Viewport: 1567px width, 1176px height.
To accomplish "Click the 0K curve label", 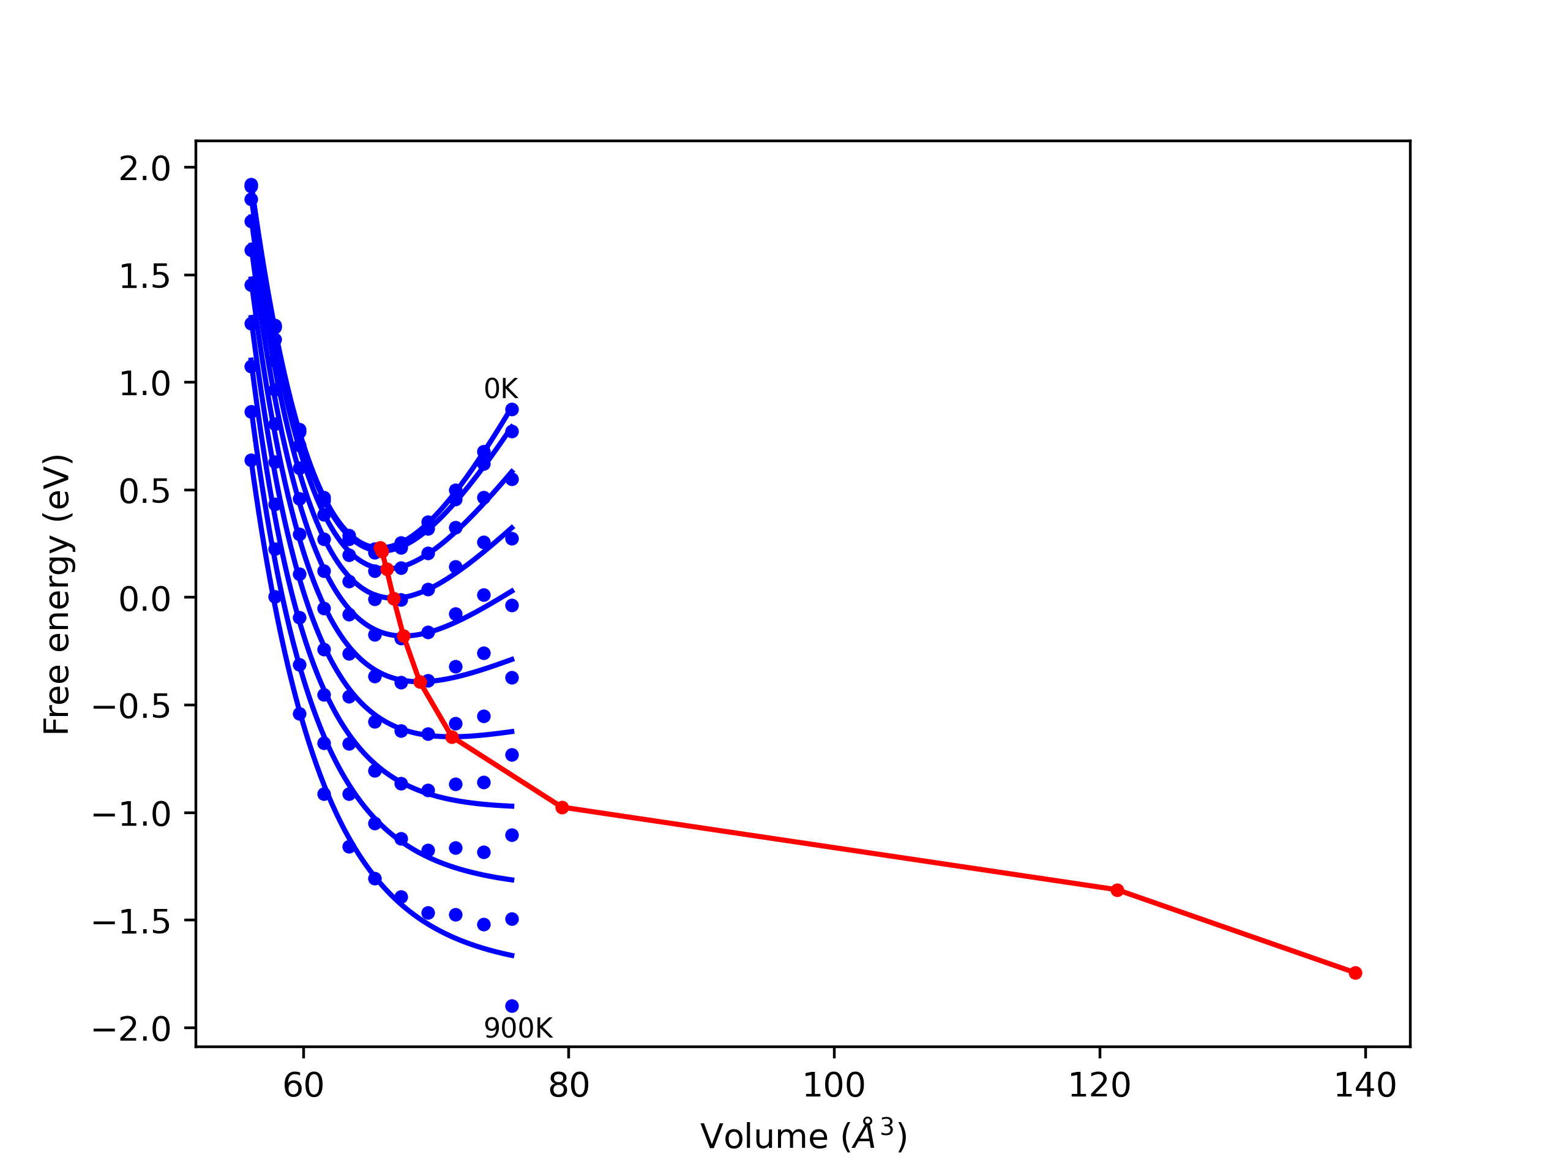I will pos(501,388).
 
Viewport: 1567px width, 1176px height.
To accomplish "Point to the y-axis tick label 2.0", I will pos(144,168).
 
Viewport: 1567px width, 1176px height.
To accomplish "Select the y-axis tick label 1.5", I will pos(144,276).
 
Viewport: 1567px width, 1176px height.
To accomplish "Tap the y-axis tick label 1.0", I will pos(144,383).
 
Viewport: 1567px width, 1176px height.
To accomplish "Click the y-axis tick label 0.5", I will pos(144,491).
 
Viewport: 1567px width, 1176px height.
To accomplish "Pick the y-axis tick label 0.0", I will pos(144,599).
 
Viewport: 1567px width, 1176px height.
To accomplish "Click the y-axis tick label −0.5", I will pos(132,707).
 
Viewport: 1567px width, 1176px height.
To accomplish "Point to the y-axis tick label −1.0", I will pos(132,815).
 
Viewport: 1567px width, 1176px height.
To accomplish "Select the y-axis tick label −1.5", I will pos(132,922).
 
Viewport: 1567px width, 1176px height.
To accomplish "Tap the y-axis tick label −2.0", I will pos(132,1029).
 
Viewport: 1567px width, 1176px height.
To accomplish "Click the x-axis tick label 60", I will pos(303,1085).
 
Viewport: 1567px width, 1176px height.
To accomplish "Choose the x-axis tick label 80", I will pos(569,1085).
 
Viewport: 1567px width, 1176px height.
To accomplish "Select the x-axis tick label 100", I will pos(834,1085).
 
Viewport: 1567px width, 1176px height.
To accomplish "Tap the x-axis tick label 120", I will pos(1099,1085).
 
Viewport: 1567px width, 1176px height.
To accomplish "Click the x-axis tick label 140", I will pos(1365,1085).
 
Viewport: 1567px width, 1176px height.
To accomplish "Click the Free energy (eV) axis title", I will pos(57,595).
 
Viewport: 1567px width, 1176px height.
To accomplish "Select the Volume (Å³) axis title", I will pos(803,1136).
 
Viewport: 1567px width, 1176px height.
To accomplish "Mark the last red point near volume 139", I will pos(1355,973).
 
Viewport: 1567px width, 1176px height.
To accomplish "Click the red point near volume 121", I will pos(1117,889).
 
